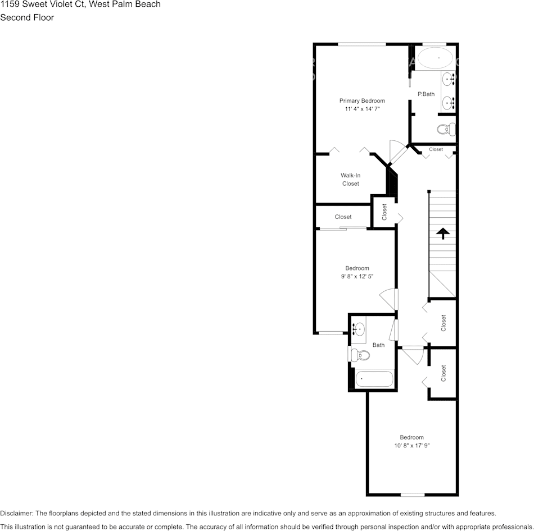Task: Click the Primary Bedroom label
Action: tap(362, 100)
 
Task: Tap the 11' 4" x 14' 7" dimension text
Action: tap(362, 109)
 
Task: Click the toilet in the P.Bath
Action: tap(446, 129)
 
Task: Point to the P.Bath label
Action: tap(426, 94)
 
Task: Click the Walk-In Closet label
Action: tap(350, 180)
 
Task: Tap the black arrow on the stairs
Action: tap(443, 233)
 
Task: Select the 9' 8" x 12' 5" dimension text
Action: tap(357, 277)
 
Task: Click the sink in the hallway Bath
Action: tap(358, 328)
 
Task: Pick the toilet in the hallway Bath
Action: tap(360, 355)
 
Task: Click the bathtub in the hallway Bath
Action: tap(374, 379)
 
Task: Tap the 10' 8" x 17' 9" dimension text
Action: tap(412, 446)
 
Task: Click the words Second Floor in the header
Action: tap(27, 17)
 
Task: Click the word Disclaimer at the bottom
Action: tap(16, 513)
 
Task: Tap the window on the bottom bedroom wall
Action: tap(412, 495)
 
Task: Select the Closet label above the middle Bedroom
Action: tap(343, 217)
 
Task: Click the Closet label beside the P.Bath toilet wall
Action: tap(436, 149)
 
